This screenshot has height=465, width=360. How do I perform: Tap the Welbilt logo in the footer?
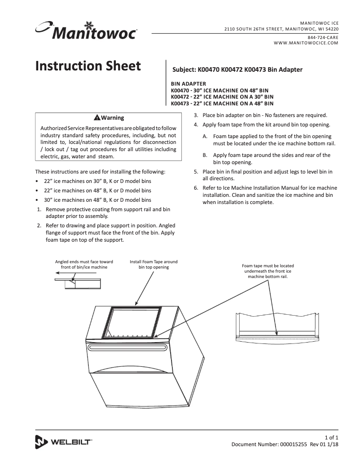[63, 442]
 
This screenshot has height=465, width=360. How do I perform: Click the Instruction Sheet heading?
[88, 66]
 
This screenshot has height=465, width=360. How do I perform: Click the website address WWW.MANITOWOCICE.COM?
[306, 43]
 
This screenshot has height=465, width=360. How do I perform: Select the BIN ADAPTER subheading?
[189, 84]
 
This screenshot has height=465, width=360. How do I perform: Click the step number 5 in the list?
[196, 172]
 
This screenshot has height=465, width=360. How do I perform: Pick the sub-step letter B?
[205, 155]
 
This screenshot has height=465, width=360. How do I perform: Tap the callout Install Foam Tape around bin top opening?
[154, 264]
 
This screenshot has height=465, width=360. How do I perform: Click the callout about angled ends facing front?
[84, 264]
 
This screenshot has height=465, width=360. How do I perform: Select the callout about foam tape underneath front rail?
[268, 271]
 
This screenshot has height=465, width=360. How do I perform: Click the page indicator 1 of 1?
[331, 437]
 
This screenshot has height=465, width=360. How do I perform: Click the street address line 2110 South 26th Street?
[282, 29]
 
